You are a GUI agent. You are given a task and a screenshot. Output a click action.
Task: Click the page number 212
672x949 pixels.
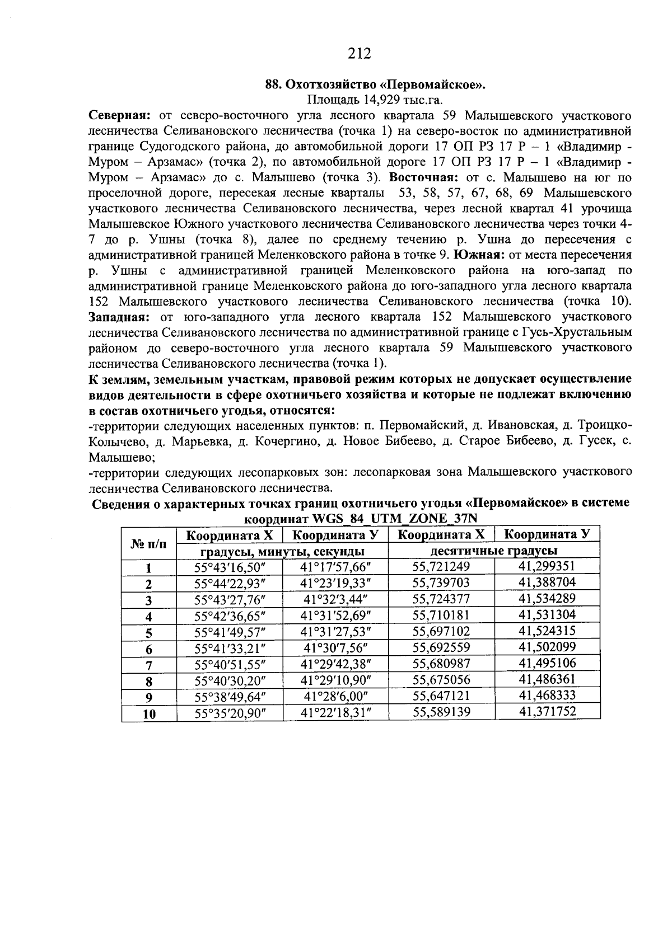coord(360,54)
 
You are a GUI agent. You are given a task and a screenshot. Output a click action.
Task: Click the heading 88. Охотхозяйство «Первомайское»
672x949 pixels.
coord(375,85)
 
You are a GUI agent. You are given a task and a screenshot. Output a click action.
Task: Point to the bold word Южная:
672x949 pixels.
coord(476,255)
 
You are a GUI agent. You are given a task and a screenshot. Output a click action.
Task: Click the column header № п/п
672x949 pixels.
coord(149,543)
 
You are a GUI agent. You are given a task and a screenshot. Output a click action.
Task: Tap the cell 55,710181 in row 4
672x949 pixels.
coord(441,616)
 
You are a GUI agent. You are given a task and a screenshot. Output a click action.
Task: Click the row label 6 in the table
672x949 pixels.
coord(149,649)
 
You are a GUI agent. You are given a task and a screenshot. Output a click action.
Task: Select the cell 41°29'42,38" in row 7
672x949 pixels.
coord(336,664)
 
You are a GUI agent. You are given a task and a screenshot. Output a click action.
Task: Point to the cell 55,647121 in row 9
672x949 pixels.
coord(441,696)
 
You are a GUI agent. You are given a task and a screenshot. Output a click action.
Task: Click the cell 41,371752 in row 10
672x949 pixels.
coord(547,711)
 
